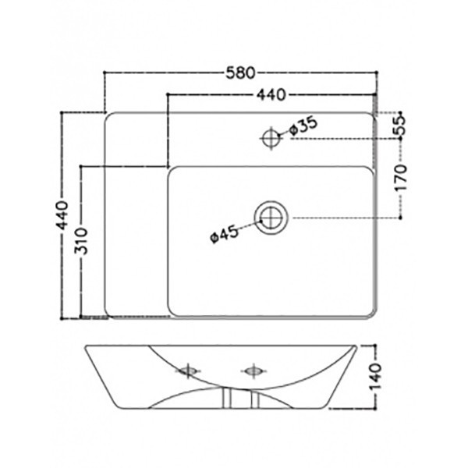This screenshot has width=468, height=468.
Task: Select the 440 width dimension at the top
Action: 268,95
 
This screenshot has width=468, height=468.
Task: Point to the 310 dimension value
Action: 85,243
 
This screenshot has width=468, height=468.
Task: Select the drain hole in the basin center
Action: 271,218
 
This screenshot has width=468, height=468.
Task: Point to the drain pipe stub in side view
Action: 240,399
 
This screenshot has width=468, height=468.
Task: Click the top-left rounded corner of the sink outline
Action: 109,117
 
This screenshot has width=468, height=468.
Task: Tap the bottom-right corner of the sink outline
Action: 370,315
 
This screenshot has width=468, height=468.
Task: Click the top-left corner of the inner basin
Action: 173,171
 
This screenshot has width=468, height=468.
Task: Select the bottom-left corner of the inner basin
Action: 173,311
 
